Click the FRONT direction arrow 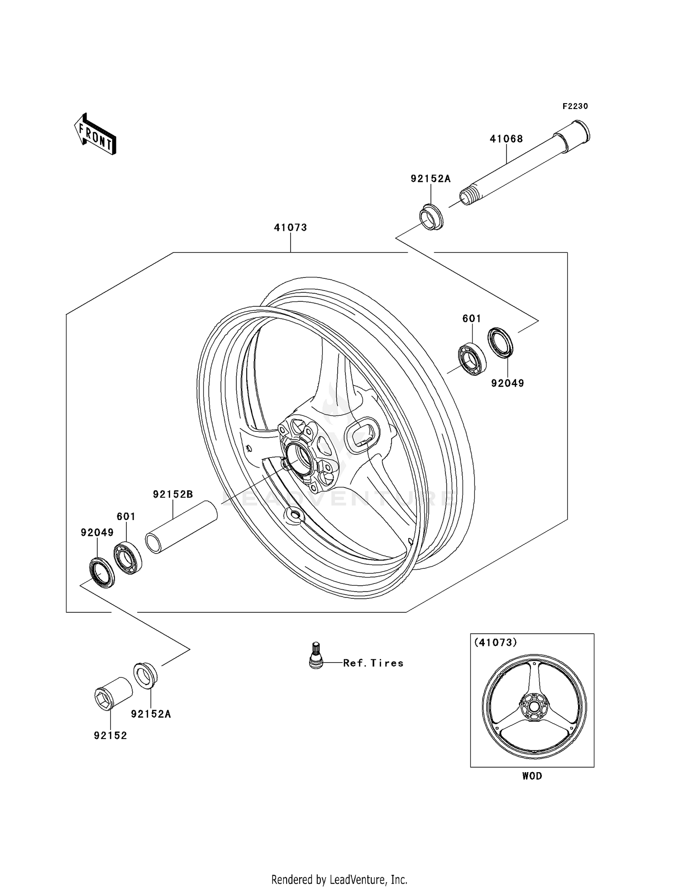point(96,134)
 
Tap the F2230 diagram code point(575,106)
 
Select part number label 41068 point(506,139)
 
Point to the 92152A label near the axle point(430,179)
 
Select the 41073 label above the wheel point(290,228)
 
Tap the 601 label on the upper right point(471,319)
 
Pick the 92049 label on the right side point(507,383)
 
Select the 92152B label point(173,494)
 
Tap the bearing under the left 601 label point(128,558)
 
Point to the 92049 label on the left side point(97,533)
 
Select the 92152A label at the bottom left point(151,714)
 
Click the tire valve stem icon point(316,655)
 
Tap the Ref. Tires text point(373,663)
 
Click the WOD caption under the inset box point(532,776)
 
